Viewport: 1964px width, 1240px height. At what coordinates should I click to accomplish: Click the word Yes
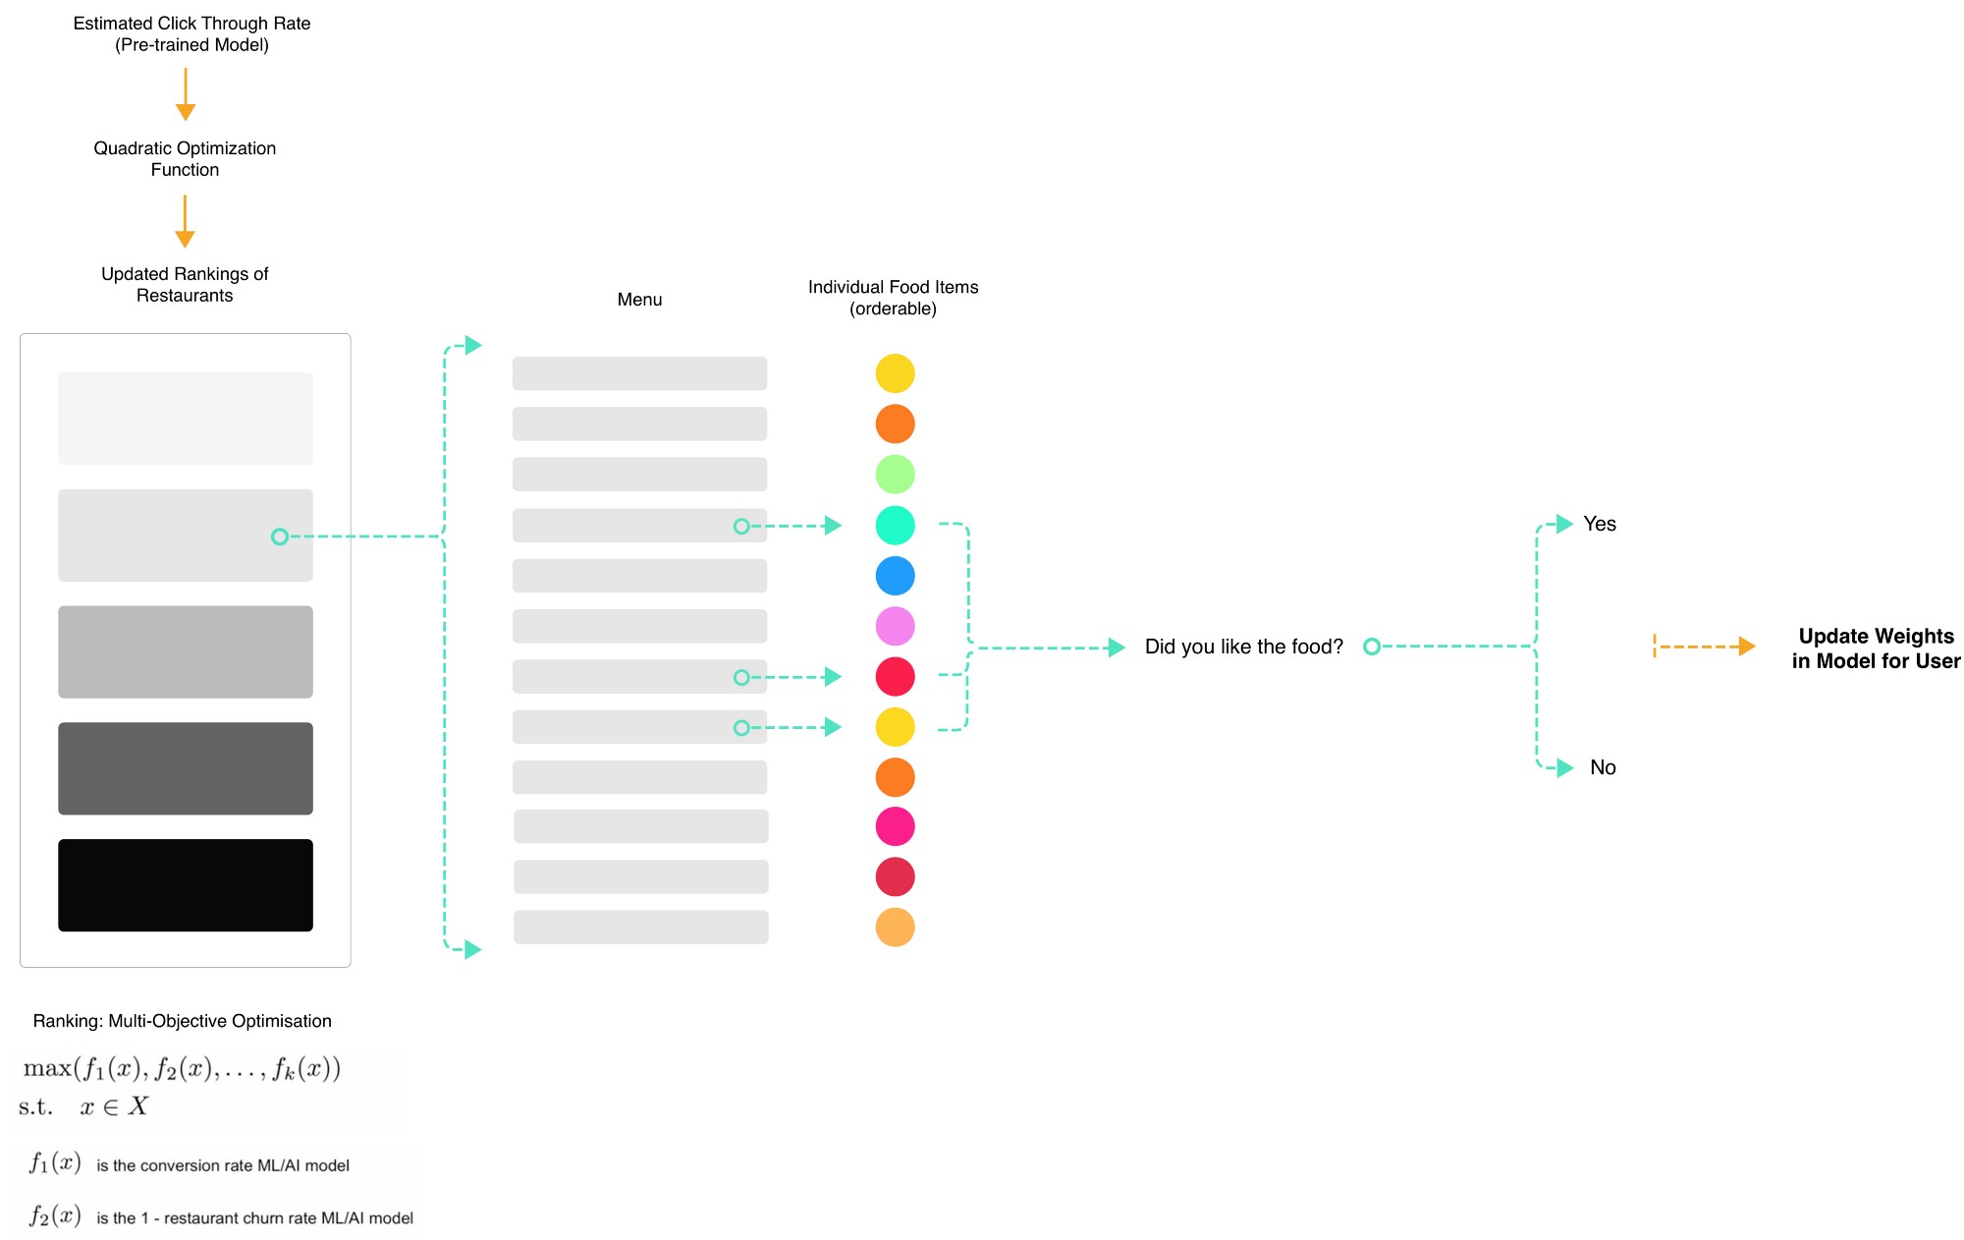[1600, 524]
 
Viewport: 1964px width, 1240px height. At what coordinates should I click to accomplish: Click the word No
[1603, 767]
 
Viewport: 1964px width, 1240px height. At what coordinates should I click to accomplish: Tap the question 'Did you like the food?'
[1243, 647]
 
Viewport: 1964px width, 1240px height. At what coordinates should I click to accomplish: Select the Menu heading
[639, 300]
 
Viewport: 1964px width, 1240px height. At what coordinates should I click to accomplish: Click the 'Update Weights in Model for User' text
[1876, 648]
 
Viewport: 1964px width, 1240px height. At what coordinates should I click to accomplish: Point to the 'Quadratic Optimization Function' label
[185, 159]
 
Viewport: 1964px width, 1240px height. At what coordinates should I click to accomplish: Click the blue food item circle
[895, 576]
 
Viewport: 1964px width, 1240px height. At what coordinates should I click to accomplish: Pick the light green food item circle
[895, 475]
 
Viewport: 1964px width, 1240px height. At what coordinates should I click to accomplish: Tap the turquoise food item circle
[895, 526]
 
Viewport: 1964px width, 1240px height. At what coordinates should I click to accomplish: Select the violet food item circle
[895, 626]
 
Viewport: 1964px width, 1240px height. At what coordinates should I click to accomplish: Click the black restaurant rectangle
[186, 885]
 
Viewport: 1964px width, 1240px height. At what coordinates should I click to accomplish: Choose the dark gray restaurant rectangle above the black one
[186, 768]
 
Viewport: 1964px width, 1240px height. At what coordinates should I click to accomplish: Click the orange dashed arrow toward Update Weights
[1705, 647]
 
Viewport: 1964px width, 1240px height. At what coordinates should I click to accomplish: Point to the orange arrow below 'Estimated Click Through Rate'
[185, 94]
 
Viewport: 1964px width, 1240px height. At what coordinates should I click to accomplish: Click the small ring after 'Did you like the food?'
[1372, 647]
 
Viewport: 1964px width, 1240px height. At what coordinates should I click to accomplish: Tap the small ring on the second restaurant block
[280, 536]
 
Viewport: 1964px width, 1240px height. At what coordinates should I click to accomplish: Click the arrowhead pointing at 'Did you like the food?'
[1117, 648]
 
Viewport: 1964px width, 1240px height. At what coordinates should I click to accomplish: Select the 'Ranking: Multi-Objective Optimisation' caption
[182, 1021]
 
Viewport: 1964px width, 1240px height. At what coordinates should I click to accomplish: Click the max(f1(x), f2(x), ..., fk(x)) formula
[182, 1069]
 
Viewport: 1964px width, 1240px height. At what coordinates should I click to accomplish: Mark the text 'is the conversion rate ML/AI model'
[223, 1165]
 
